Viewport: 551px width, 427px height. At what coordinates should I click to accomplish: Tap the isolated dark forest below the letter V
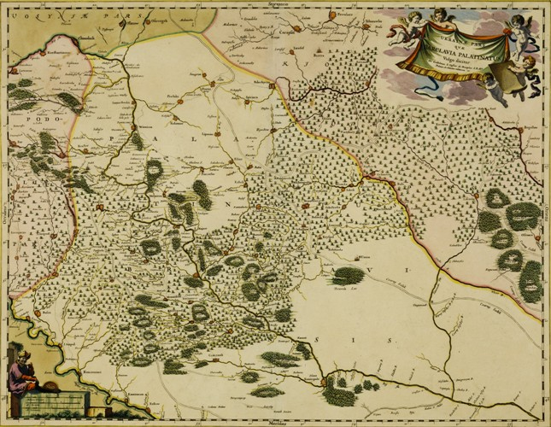(349, 275)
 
